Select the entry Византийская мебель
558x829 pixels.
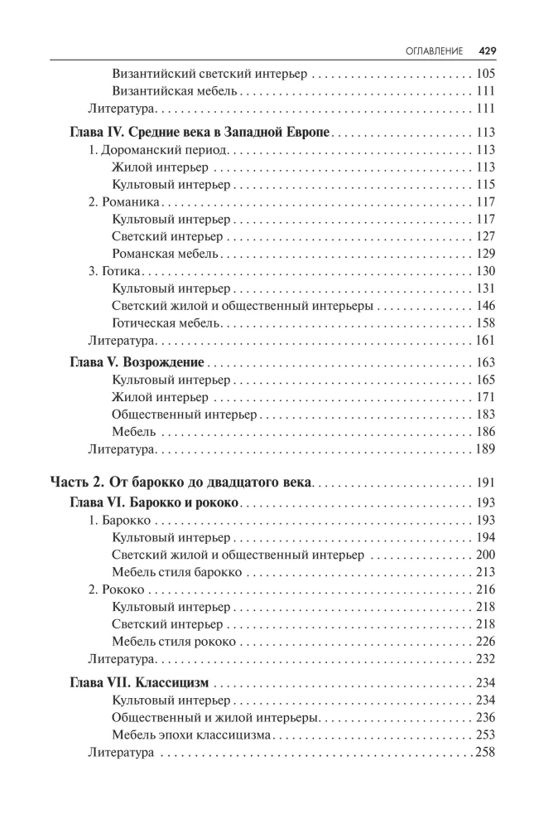(175, 91)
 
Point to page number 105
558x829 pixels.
(485, 74)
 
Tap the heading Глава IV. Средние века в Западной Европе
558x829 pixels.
(198, 132)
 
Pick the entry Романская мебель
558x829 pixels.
(165, 254)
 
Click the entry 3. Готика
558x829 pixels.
(115, 271)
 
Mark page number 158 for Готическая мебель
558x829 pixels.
(485, 322)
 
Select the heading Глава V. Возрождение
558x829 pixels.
(135, 362)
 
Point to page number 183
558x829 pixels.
(485, 414)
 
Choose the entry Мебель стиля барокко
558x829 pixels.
(176, 572)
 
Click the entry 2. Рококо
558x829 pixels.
(117, 589)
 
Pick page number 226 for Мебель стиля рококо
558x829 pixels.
(485, 641)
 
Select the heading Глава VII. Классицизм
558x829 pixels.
(137, 682)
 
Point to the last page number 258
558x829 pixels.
(483, 752)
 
